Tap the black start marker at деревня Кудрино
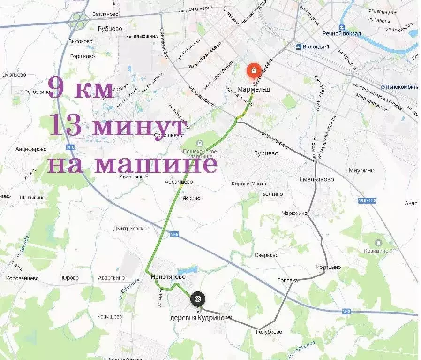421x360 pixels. (x=197, y=299)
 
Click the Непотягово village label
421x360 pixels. (x=168, y=276)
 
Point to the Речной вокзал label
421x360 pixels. (x=341, y=33)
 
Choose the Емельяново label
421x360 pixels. (x=316, y=179)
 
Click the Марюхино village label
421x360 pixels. (x=294, y=213)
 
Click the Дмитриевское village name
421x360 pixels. (x=131, y=229)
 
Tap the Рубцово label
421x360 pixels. (x=110, y=29)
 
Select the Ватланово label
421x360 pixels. (x=106, y=15)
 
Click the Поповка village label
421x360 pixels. (x=287, y=280)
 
